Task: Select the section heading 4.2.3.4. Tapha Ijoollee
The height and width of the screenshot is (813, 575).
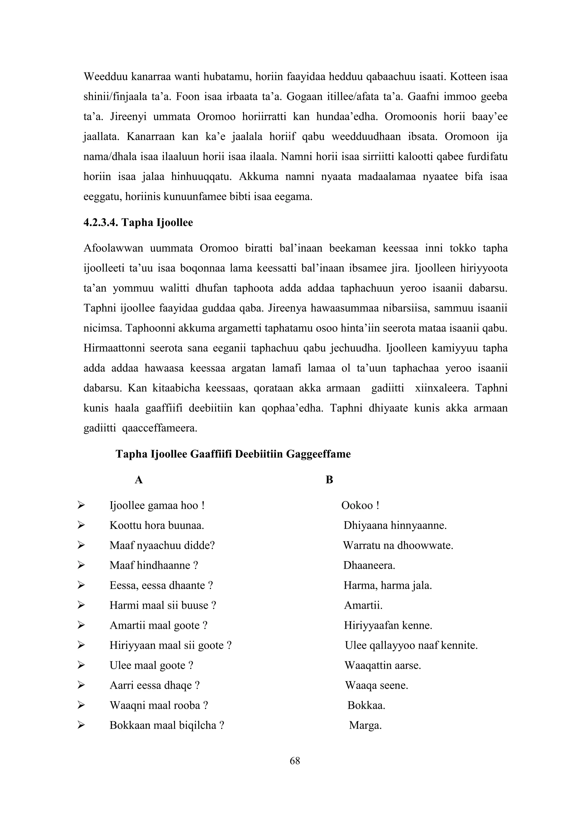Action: tap(138, 222)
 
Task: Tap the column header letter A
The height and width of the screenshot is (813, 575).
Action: tap(138, 480)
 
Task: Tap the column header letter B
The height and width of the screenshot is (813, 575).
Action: tap(329, 480)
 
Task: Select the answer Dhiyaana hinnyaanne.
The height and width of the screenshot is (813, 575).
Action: tap(395, 525)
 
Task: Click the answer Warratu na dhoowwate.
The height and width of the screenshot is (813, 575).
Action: tap(398, 545)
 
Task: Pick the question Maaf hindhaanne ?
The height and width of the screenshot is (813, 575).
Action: tap(153, 565)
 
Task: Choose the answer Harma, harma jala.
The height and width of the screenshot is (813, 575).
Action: tap(387, 585)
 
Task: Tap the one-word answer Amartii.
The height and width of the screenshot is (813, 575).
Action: tap(363, 605)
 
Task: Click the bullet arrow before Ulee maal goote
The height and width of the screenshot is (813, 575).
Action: tap(81, 665)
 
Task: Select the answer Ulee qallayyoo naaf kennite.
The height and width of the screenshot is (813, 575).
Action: tap(411, 645)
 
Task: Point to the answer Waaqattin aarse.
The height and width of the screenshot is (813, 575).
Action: tap(383, 665)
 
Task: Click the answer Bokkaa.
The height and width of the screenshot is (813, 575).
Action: tap(366, 705)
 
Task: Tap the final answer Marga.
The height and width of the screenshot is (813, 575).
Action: tap(365, 725)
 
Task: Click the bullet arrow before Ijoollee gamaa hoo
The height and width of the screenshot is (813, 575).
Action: tap(81, 505)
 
